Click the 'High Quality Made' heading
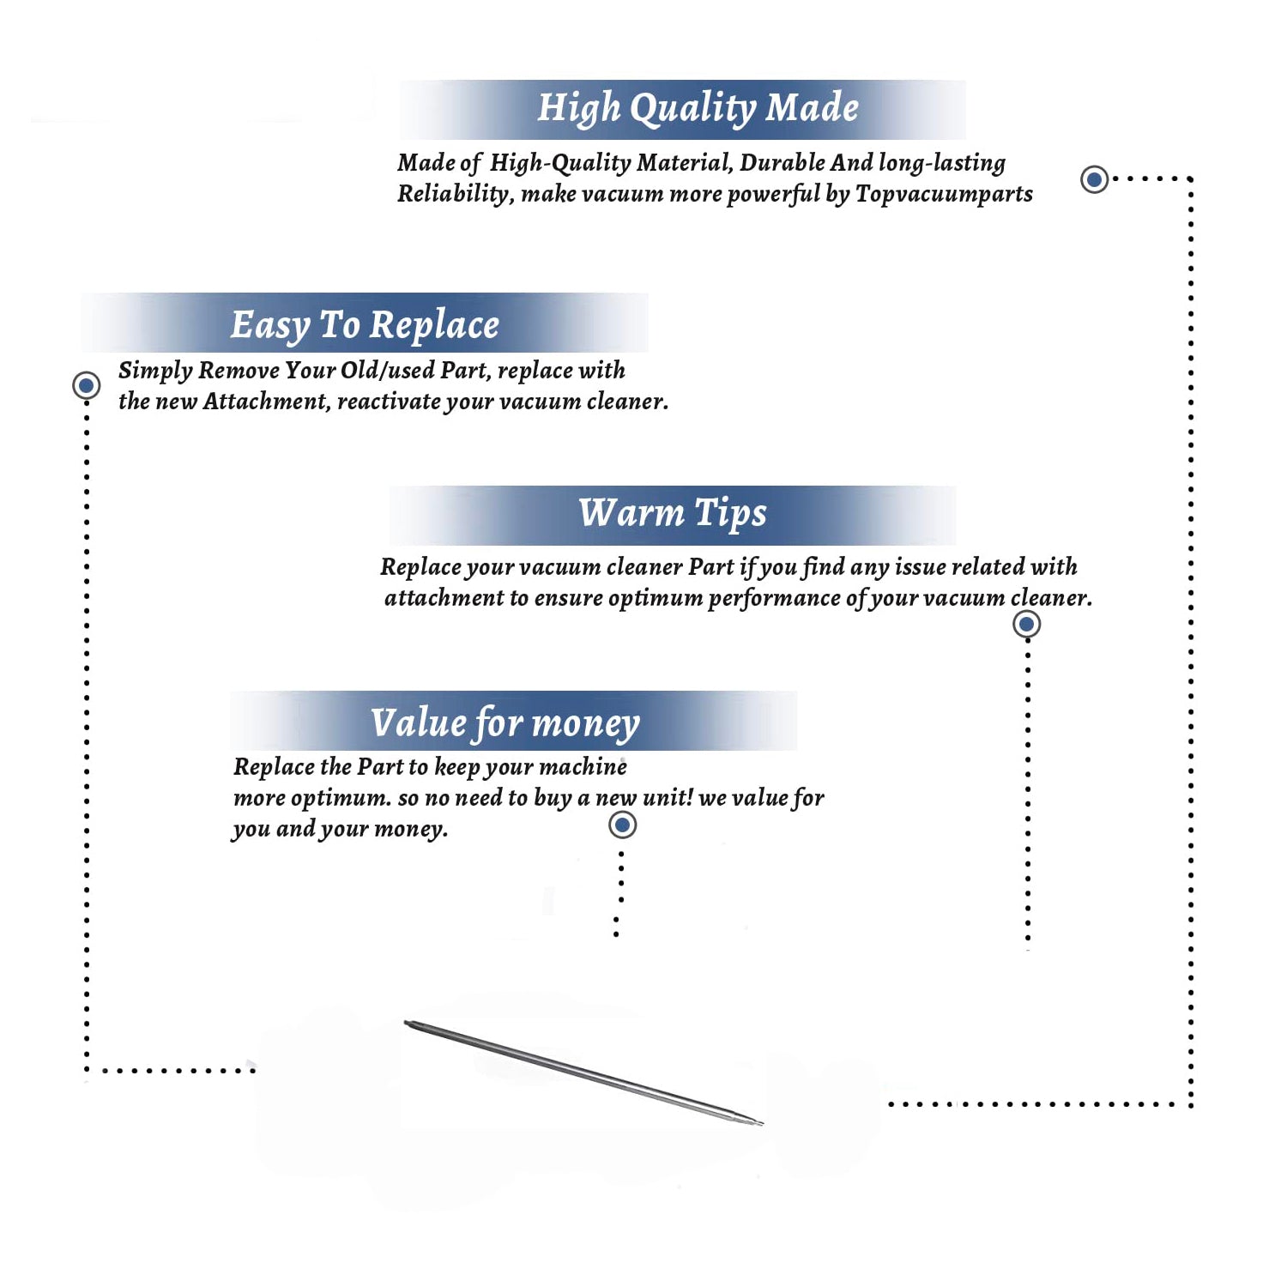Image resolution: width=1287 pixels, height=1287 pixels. (x=698, y=109)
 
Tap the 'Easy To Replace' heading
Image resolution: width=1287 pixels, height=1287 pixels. (x=365, y=326)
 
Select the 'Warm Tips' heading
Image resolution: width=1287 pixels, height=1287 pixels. (x=673, y=514)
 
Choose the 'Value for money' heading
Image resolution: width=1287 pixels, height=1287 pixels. (x=505, y=723)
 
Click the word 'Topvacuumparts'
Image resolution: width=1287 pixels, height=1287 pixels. (x=944, y=195)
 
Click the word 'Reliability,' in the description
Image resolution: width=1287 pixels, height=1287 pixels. (x=456, y=195)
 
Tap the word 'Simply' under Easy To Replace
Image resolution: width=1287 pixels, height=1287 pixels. (x=155, y=372)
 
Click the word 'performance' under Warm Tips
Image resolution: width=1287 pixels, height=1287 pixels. (x=774, y=599)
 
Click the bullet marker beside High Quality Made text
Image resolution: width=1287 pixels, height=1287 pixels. (x=1094, y=179)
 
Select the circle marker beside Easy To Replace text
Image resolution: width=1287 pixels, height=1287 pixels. (x=86, y=385)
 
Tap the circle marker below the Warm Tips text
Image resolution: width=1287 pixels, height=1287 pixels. (x=1026, y=624)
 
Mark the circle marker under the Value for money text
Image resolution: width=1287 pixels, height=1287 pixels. (x=622, y=825)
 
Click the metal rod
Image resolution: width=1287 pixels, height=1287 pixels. (x=583, y=1072)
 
